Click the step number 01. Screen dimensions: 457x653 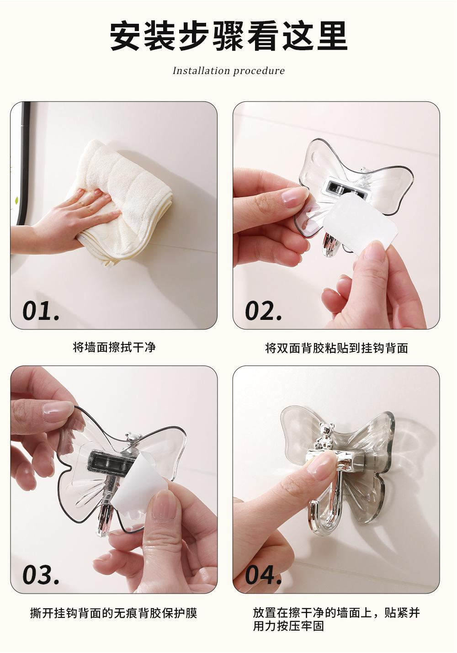coord(41,311)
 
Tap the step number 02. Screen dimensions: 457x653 coord(264,311)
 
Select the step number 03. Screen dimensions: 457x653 coord(41,574)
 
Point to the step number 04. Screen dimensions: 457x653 coord(264,574)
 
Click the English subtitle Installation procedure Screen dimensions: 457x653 coord(228,71)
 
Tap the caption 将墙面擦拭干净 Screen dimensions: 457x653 coord(114,347)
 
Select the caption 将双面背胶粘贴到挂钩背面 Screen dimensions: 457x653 coord(336,348)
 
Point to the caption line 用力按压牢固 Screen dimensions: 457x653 coord(288,626)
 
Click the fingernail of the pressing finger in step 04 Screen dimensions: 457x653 coord(322,467)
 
